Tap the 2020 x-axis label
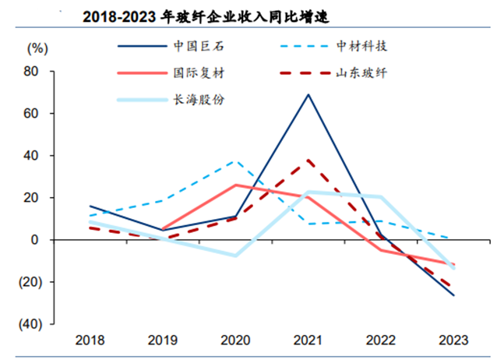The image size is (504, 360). tap(234, 341)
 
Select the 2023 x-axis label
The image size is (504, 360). tap(453, 341)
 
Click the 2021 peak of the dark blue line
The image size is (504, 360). tap(308, 94)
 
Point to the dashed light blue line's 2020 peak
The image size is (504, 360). tap(235, 161)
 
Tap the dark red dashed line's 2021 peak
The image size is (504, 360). tap(308, 161)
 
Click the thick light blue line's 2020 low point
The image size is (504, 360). tap(235, 256)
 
